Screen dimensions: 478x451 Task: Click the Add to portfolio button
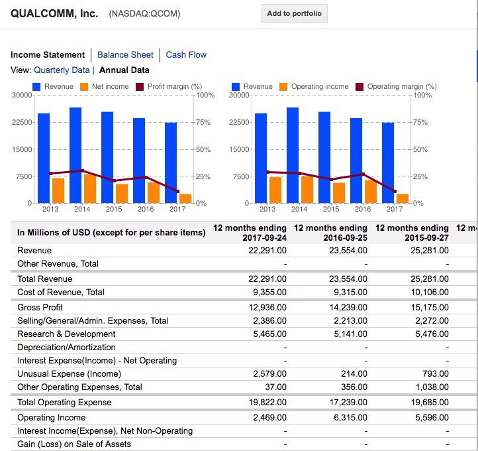pyautogui.click(x=295, y=13)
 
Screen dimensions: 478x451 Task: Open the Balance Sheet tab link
pyautogui.click(x=125, y=54)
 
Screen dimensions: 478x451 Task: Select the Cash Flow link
pyautogui.click(x=186, y=54)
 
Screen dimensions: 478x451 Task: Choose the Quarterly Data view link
pyautogui.click(x=62, y=70)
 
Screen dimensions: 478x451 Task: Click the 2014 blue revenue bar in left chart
pyautogui.click(x=75, y=155)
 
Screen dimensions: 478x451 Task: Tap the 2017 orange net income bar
pyautogui.click(x=185, y=198)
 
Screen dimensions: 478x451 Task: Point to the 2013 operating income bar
pyautogui.click(x=275, y=190)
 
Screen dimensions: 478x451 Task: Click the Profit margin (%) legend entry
pyautogui.click(x=169, y=86)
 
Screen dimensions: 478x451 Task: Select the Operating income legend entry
pyautogui.click(x=314, y=86)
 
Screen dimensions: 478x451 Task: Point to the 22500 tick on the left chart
pyautogui.click(x=22, y=122)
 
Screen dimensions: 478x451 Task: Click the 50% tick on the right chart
pyautogui.click(x=420, y=149)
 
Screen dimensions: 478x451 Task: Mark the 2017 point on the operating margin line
pyautogui.click(x=395, y=191)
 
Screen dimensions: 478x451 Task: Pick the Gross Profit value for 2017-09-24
pyautogui.click(x=267, y=307)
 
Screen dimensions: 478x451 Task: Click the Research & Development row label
pyautogui.click(x=66, y=334)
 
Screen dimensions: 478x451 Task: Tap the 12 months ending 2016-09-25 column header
pyautogui.click(x=330, y=233)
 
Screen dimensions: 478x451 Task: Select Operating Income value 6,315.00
pyautogui.click(x=351, y=417)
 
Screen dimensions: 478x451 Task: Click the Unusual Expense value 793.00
pyautogui.click(x=436, y=373)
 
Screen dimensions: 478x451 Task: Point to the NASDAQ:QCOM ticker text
pyautogui.click(x=144, y=14)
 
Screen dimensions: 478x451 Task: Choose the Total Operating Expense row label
pyautogui.click(x=64, y=402)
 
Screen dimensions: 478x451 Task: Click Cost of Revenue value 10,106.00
pyautogui.click(x=430, y=292)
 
